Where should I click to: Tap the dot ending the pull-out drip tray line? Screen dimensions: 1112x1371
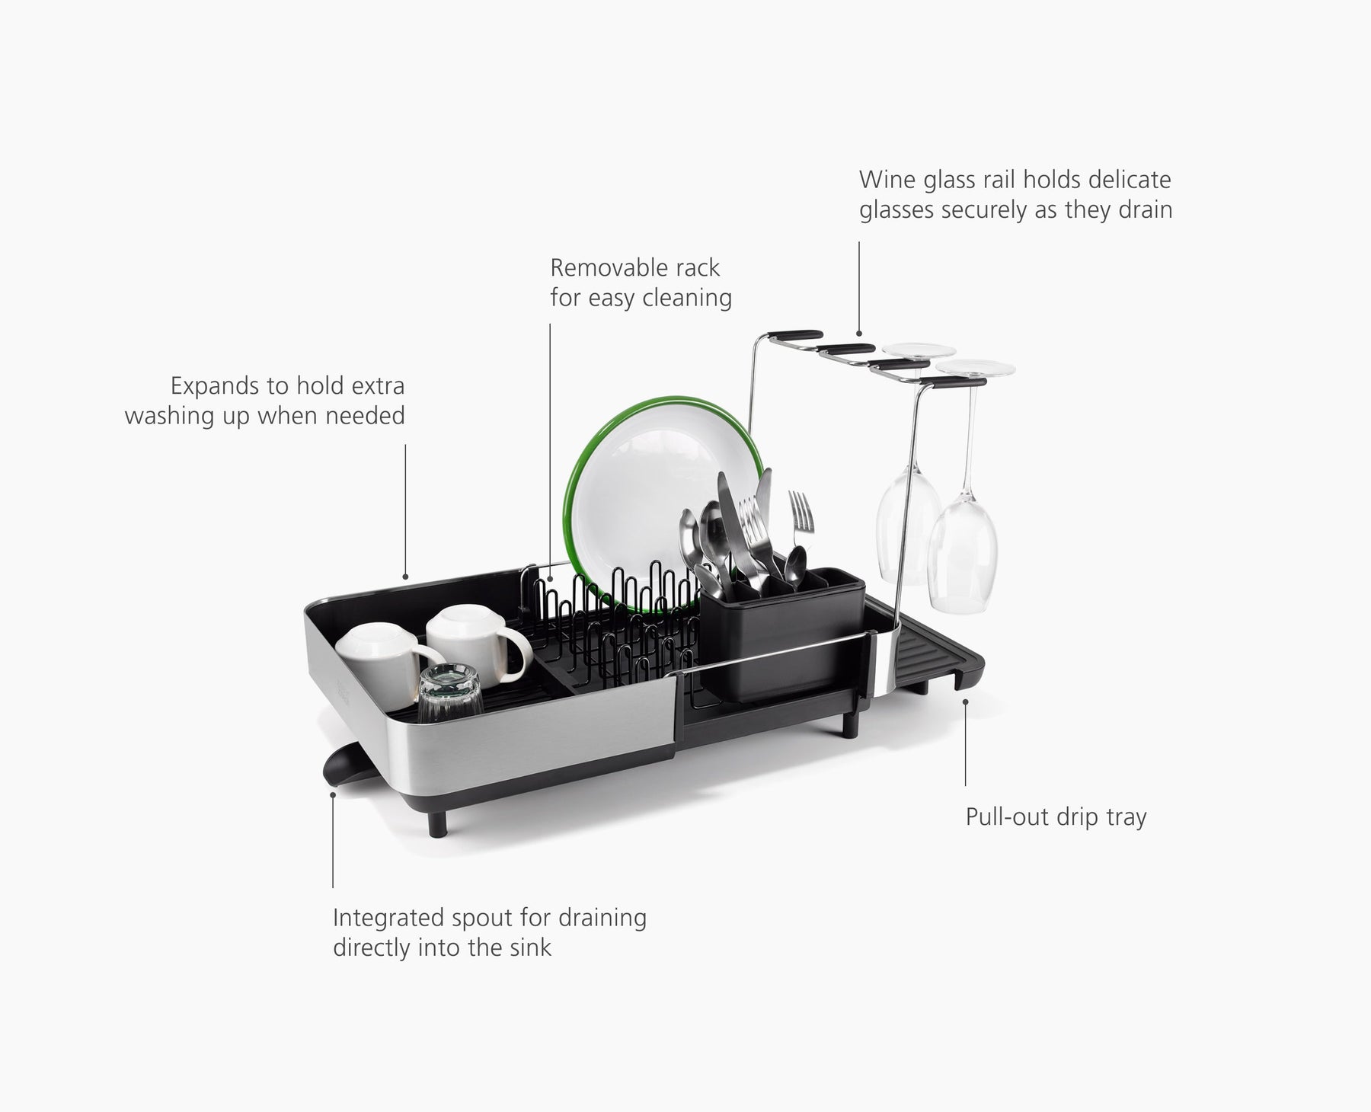(965, 701)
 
